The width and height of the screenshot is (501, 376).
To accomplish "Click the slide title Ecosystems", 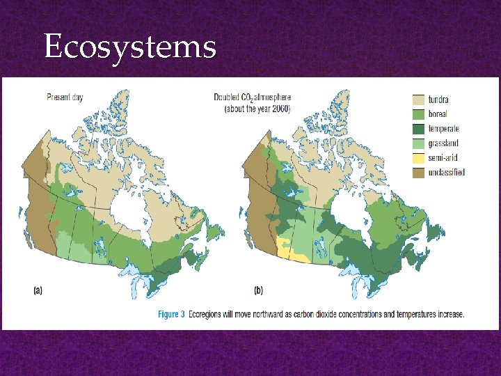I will tap(129, 47).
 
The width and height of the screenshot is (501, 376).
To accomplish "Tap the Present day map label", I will tap(65, 97).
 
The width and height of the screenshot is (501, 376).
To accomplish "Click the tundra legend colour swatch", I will tap(419, 100).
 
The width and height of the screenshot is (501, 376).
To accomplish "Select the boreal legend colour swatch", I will tap(419, 114).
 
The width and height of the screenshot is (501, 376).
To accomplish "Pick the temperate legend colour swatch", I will tap(419, 129).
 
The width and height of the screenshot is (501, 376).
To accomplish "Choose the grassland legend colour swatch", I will tap(419, 143).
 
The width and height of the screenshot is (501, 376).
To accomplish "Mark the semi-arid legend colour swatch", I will tap(419, 158).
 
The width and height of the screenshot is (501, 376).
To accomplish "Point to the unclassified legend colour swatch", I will tap(419, 172).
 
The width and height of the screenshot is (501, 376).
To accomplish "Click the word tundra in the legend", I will tap(438, 100).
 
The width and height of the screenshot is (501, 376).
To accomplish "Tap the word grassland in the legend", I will tap(444, 143).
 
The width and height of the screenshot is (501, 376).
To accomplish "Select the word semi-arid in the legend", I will tap(443, 158).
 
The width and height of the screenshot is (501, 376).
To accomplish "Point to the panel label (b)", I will tap(258, 290).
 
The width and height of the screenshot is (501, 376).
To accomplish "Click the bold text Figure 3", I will tap(171, 315).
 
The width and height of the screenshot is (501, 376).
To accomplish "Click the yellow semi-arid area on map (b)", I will tap(292, 252).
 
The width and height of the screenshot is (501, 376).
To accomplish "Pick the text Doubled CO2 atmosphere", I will tap(252, 97).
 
